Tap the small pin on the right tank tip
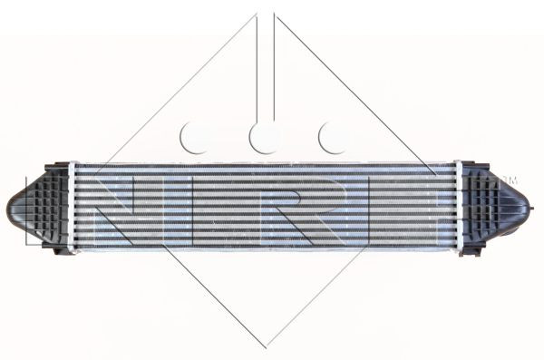pyautogui.click(x=531, y=209)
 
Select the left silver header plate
pyautogui.click(x=72, y=207)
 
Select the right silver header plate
pyautogui.click(x=458, y=207)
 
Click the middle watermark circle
pyautogui.click(x=263, y=138)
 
